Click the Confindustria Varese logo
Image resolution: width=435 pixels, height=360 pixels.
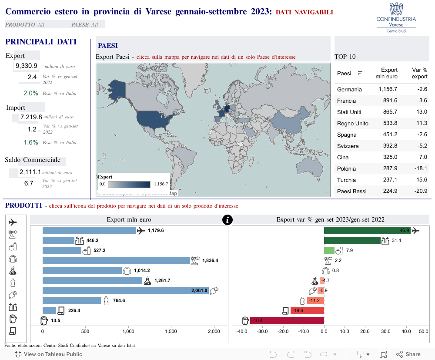pos(396,17)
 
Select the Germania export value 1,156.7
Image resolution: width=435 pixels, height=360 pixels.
pos(388,89)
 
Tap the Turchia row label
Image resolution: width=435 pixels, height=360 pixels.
pos(346,180)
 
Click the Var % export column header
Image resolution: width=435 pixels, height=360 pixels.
pos(419,73)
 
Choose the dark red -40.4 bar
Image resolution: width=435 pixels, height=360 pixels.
pos(287,321)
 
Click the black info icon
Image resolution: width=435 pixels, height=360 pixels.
pos(227,220)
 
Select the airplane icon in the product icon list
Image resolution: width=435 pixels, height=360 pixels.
pos(13,222)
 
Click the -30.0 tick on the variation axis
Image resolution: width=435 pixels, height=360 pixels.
pos(262,331)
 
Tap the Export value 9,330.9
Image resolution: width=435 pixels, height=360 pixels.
pos(26,66)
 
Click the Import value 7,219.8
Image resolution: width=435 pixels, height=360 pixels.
pos(31,117)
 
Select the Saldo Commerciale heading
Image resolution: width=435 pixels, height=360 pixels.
pos(33,160)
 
